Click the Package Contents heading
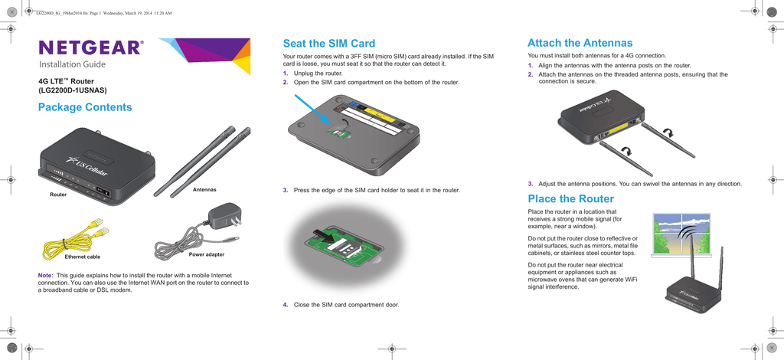[x=85, y=107]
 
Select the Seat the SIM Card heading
[x=328, y=44]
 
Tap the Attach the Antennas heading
[x=580, y=43]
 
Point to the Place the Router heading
[x=570, y=199]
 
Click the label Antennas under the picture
[x=204, y=189]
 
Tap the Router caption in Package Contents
[x=58, y=195]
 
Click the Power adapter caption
[x=207, y=254]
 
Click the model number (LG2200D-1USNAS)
[x=74, y=90]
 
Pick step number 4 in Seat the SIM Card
[x=285, y=305]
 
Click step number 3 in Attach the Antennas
[x=530, y=184]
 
